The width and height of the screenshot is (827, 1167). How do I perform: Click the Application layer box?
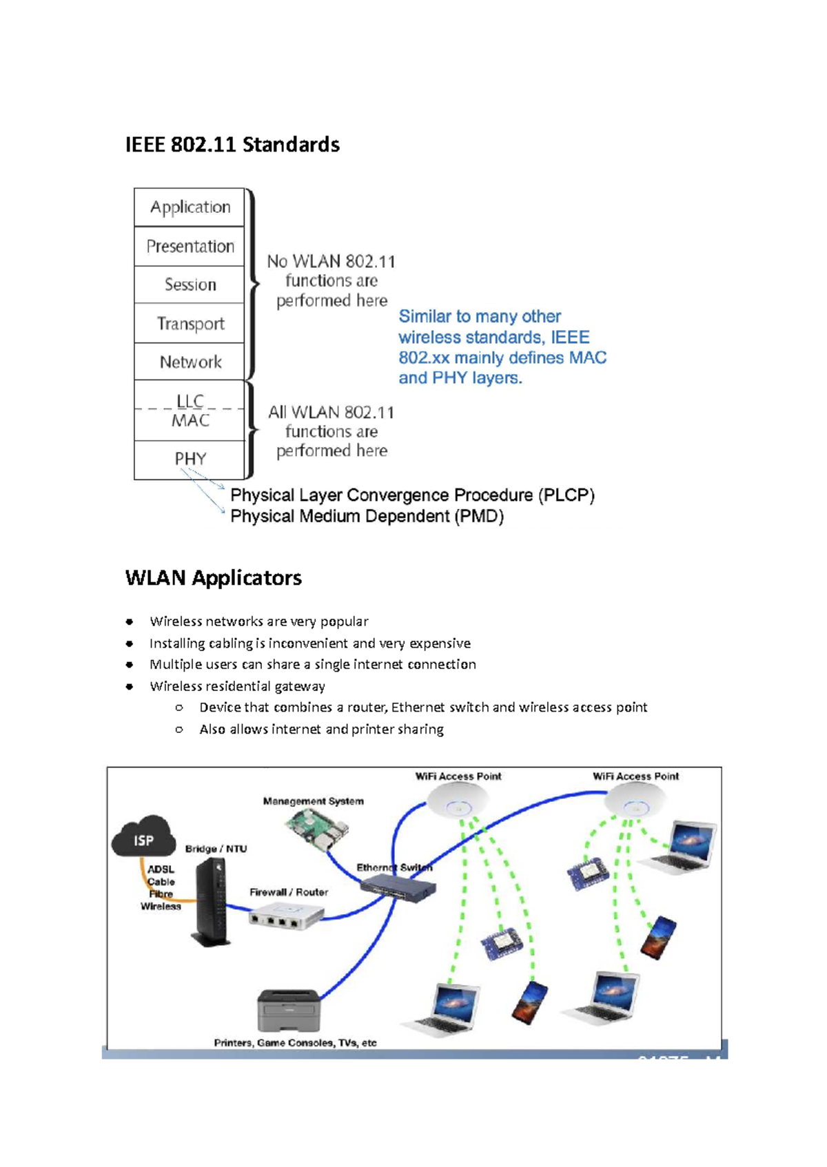click(190, 207)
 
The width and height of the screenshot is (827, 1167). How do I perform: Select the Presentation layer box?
click(190, 247)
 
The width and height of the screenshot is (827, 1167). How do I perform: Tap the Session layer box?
click(190, 285)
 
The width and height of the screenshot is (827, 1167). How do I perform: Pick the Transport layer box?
click(190, 323)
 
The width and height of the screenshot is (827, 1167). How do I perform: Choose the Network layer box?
click(190, 362)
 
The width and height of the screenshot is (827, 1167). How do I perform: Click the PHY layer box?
click(190, 459)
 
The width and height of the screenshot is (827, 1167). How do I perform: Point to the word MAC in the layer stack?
click(190, 421)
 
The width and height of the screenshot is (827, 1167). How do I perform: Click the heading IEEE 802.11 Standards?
click(232, 145)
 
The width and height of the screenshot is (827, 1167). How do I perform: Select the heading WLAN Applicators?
click(214, 577)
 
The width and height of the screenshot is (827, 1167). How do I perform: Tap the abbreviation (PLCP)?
click(566, 495)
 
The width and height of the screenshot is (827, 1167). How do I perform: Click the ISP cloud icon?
click(143, 837)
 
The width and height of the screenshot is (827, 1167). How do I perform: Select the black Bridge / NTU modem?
click(212, 902)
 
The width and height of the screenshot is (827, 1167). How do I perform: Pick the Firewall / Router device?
click(286, 916)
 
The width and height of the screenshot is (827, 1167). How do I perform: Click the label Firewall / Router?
click(288, 892)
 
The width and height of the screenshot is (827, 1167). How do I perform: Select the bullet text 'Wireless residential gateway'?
click(237, 686)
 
